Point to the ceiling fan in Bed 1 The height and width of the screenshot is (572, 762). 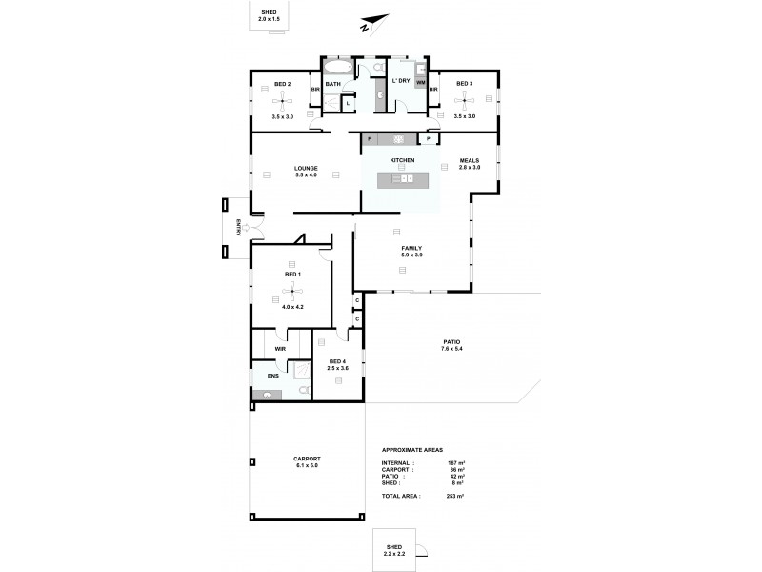point(291,291)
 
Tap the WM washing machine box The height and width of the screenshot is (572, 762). point(420,84)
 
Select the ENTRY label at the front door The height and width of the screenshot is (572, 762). point(237,228)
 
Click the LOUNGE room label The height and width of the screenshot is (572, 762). point(305,169)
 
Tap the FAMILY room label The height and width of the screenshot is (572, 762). point(411,248)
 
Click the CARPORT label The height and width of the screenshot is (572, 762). point(307,460)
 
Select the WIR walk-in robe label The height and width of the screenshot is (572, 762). point(280,349)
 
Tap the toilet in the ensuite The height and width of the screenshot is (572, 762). point(303,389)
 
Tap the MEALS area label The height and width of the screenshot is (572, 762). point(470,160)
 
